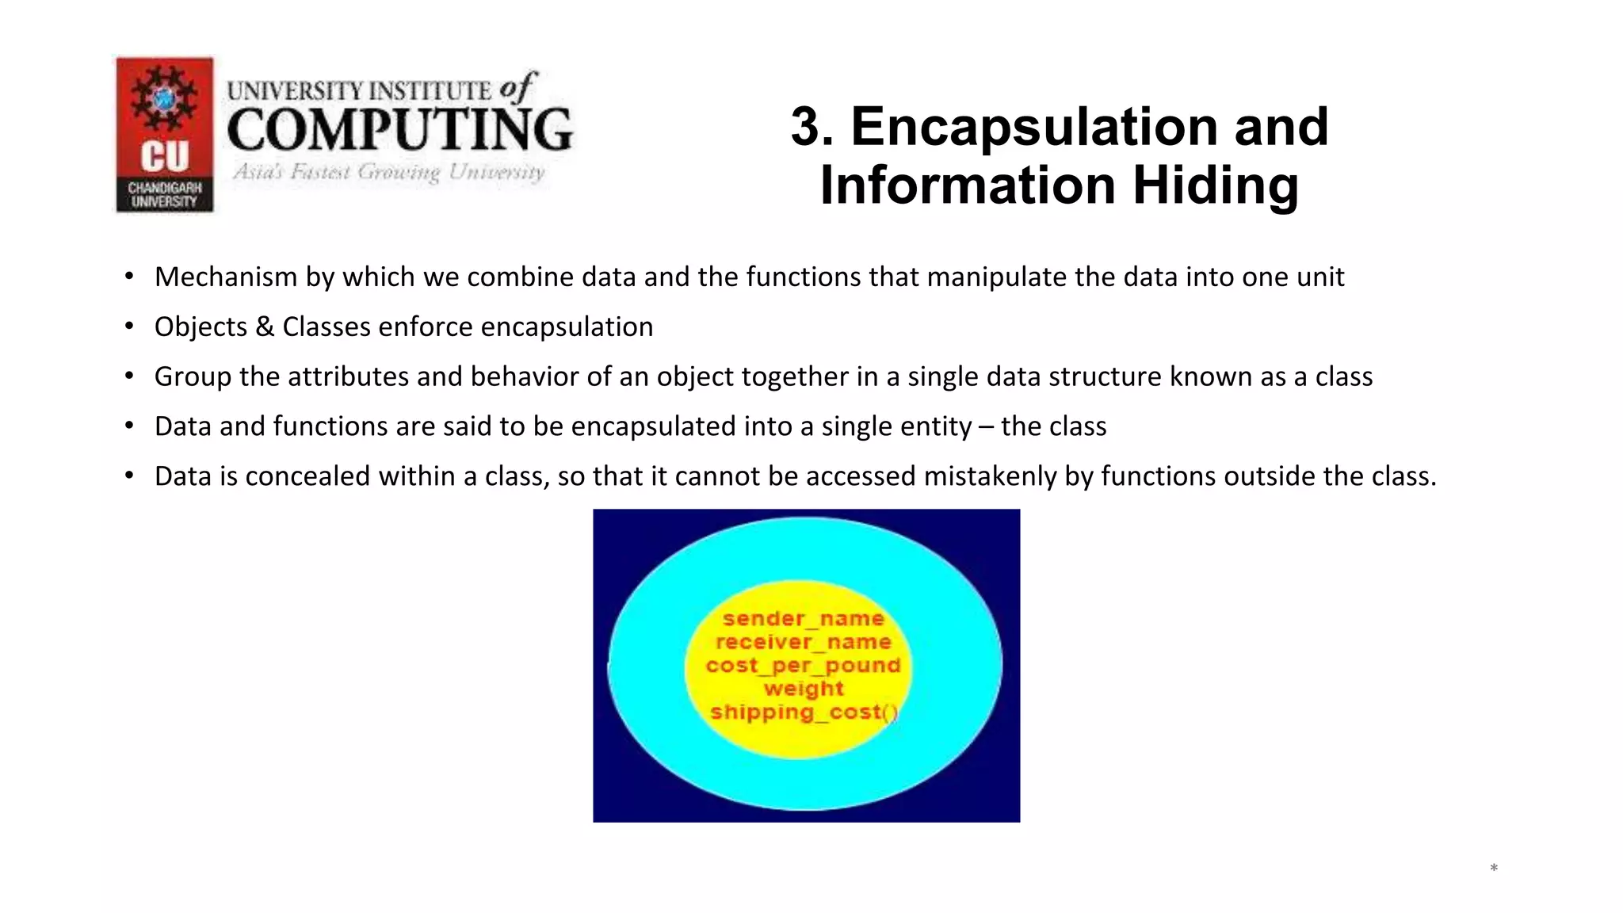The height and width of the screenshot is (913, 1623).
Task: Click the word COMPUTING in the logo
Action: pos(399,130)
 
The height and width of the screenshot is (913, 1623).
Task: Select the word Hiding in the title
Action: pos(1216,185)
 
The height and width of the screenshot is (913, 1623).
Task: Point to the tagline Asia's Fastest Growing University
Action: pos(388,172)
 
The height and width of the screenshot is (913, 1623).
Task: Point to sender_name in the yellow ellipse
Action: pos(803,618)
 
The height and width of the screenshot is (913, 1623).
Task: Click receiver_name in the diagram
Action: pos(803,642)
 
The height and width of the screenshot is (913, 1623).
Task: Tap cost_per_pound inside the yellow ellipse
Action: pos(803,665)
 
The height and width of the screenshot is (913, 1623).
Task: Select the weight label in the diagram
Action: pos(804,689)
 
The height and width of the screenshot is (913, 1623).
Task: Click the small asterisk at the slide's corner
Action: pos(1494,869)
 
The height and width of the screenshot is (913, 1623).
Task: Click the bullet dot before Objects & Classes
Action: pos(128,327)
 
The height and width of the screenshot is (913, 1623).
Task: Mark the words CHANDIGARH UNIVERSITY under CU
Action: pos(165,194)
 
